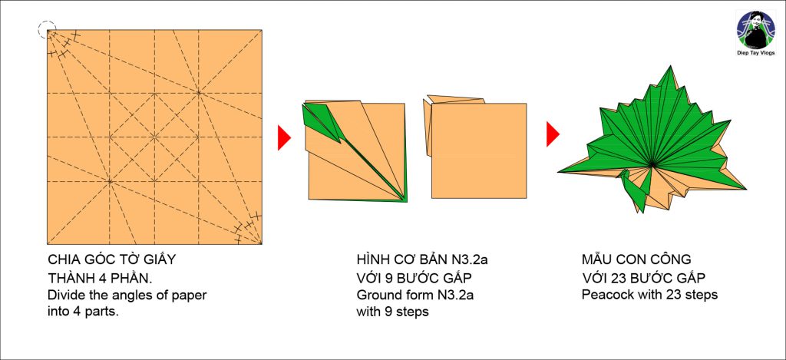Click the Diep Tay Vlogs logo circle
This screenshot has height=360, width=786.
coord(755,30)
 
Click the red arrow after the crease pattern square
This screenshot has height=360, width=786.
coord(284,137)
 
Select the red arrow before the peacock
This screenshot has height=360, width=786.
coord(553,134)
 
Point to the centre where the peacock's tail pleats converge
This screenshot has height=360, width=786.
coord(652,166)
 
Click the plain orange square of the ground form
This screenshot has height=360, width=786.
coord(479,150)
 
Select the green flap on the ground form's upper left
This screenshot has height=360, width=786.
coord(321,121)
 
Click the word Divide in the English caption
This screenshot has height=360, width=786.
coord(64,295)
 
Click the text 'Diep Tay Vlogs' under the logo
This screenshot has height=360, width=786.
coord(755,53)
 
